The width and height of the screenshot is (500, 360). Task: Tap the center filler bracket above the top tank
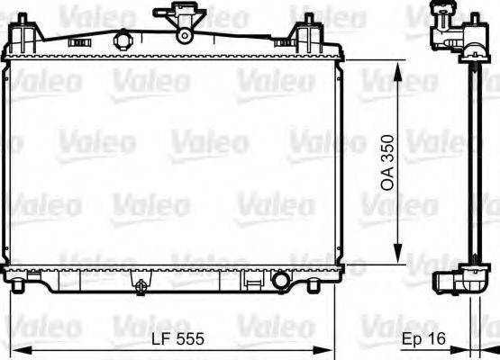[184, 22]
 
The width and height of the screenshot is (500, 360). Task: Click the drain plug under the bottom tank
[141, 286]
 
